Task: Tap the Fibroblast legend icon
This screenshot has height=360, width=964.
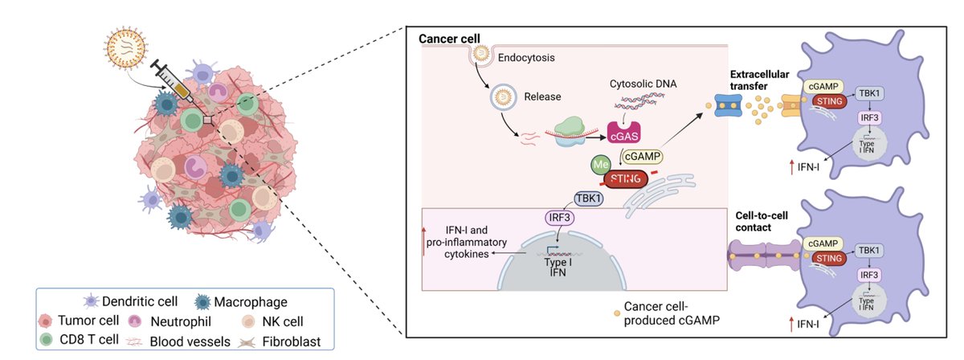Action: [249, 341]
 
